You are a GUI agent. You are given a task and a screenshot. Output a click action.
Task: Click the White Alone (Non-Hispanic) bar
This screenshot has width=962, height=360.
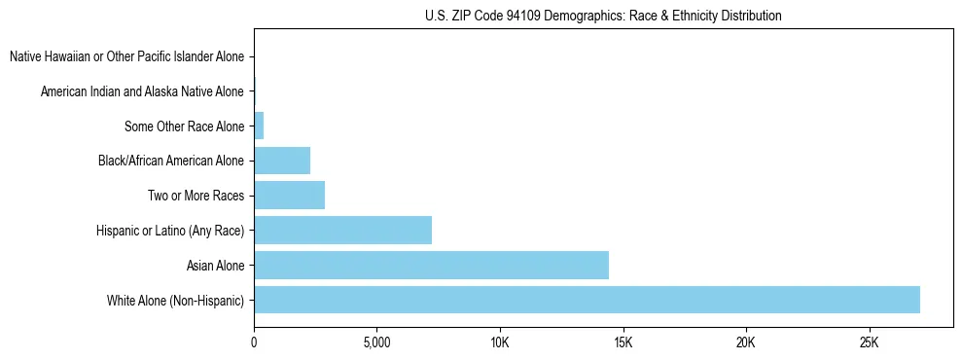coord(587,300)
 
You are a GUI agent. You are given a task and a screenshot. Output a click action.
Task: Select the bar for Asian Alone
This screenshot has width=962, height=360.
coord(431,265)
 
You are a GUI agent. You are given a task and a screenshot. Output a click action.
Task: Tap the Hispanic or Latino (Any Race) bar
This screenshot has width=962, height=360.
coord(342,230)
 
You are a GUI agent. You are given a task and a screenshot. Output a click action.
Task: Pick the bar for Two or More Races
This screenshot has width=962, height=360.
coord(289,195)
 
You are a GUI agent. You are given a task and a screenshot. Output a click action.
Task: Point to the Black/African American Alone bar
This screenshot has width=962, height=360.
coord(282,161)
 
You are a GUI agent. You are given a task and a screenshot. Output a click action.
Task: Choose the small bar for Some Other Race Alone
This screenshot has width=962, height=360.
coord(259,126)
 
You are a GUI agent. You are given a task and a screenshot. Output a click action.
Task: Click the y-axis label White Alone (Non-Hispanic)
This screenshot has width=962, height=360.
coord(176,300)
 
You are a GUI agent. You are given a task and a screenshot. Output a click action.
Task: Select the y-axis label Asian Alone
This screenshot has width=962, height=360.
coord(216,265)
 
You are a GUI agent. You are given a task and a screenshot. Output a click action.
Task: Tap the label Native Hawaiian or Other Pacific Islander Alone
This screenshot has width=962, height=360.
coord(126,57)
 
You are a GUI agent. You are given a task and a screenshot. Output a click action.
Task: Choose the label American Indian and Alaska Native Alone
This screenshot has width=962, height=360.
coord(142,91)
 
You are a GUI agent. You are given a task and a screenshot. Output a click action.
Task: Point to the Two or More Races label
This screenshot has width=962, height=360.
coord(196,196)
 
